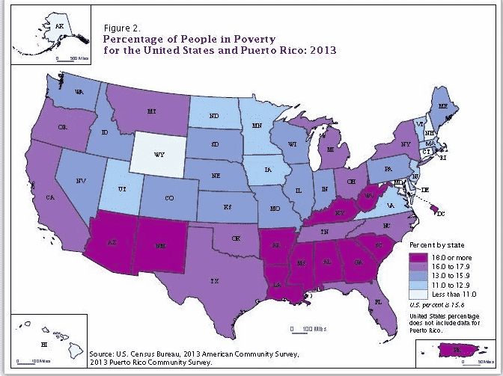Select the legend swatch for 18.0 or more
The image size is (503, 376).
coord(415,256)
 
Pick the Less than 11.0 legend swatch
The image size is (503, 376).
coord(415,294)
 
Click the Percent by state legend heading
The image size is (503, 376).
coord(436,244)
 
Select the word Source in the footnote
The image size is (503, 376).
coord(102,353)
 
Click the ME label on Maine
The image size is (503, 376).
coord(445,106)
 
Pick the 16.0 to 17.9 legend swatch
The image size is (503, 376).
coord(415,265)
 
